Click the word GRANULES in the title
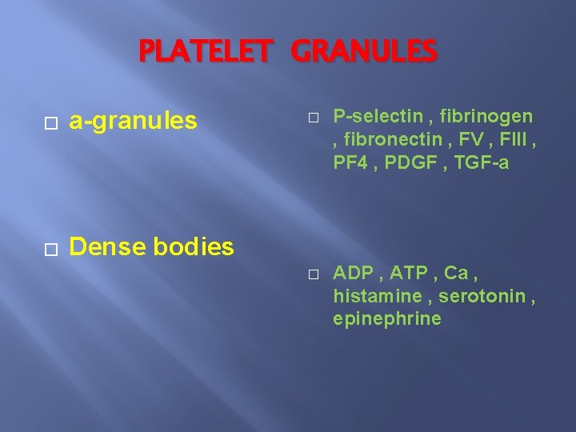[365, 52]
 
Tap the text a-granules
[133, 121]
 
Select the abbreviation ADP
[353, 273]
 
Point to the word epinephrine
[387, 318]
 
